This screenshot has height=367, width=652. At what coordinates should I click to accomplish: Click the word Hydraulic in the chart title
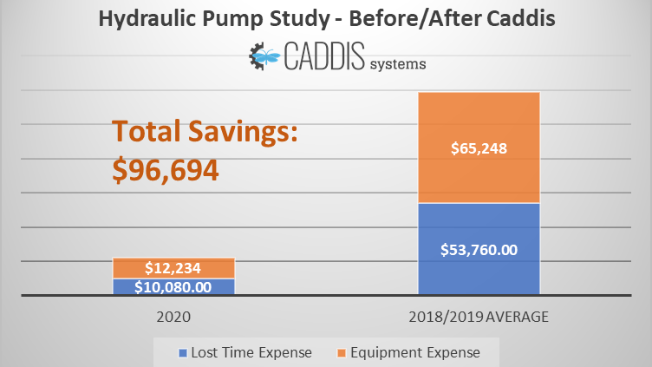tap(141, 19)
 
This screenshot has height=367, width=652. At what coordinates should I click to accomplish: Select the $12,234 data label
tap(173, 269)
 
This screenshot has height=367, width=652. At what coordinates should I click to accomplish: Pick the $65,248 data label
tap(479, 148)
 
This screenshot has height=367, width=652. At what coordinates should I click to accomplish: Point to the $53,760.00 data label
tap(479, 250)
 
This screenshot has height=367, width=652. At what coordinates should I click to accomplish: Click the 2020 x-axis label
tap(173, 318)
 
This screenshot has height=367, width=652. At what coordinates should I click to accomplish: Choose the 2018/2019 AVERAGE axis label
tap(479, 318)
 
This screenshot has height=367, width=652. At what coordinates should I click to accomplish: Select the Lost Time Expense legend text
tap(251, 352)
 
